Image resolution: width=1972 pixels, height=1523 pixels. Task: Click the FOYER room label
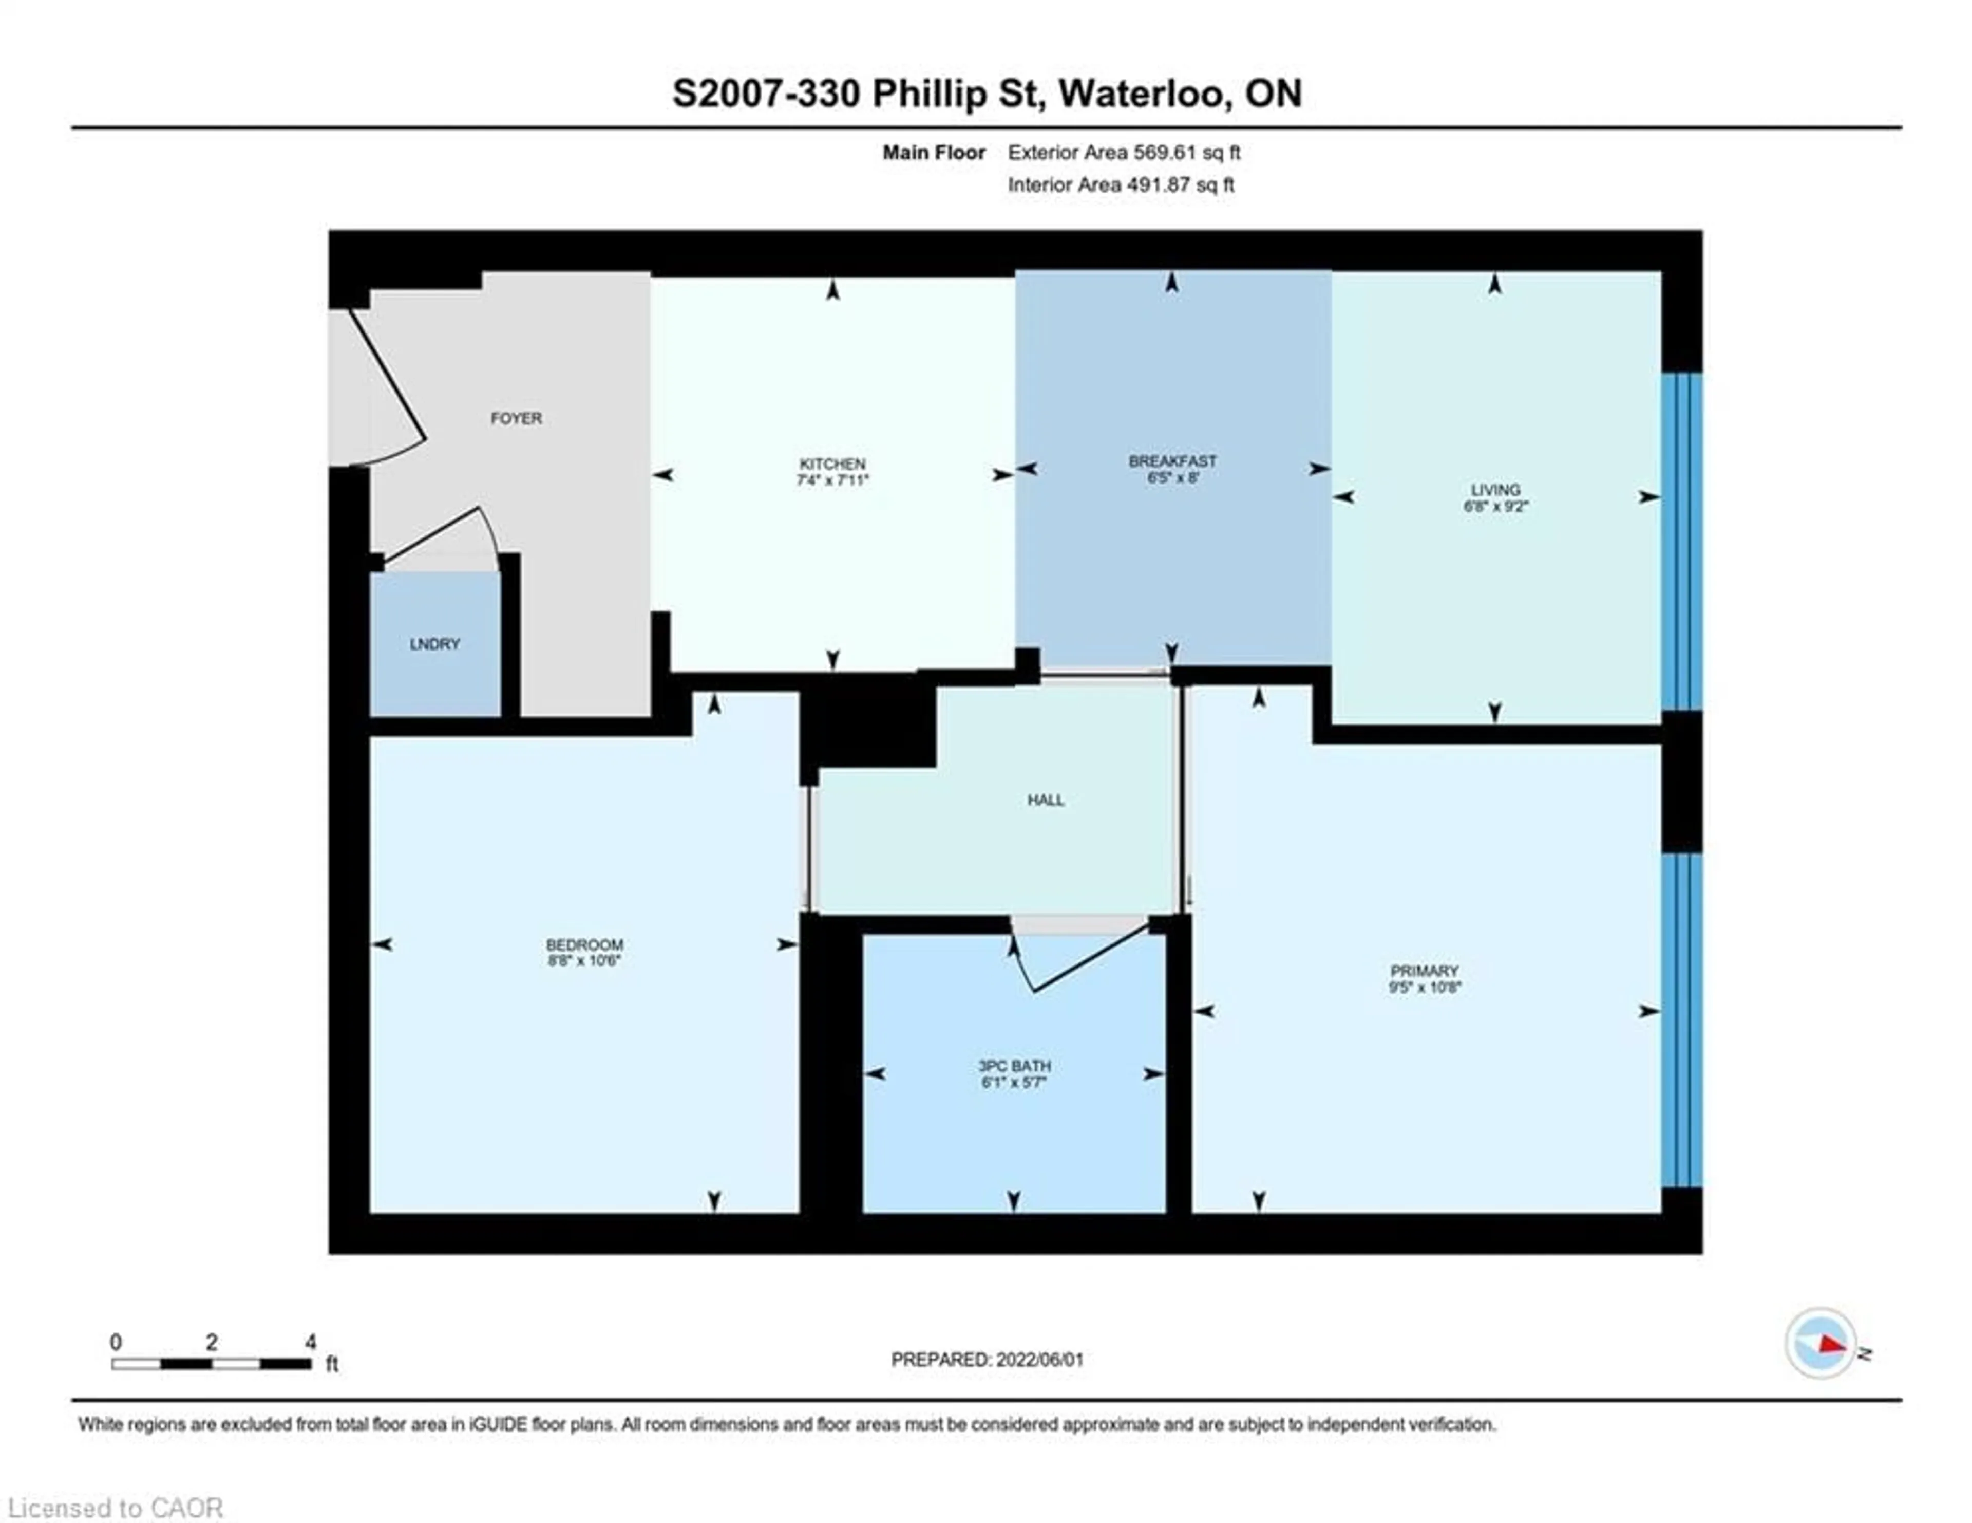[x=516, y=418]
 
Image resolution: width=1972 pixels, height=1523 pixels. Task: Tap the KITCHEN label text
[x=831, y=463]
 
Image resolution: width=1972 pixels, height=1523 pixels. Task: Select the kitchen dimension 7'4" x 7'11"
[x=831, y=480]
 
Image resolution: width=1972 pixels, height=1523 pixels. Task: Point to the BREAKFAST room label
[x=1172, y=461]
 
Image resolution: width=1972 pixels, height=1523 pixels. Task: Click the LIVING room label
[x=1495, y=490]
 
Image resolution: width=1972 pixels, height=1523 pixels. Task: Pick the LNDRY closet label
[x=434, y=644]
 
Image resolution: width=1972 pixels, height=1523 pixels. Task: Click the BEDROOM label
[x=584, y=945]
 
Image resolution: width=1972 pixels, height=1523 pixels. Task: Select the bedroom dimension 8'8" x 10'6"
[x=584, y=961]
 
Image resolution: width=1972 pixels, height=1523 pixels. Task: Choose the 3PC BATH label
[x=1014, y=1066]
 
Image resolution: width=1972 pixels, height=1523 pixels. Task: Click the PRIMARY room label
[x=1424, y=971]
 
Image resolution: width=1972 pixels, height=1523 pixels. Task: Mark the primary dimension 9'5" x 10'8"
[x=1424, y=988]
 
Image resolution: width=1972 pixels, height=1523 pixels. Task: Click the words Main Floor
[x=934, y=153]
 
